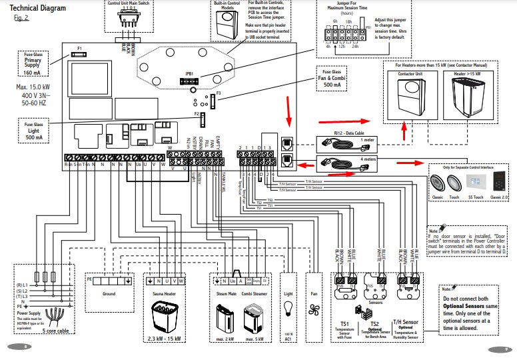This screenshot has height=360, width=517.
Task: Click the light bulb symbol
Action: click(288, 307)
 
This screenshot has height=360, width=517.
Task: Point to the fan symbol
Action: click(314, 308)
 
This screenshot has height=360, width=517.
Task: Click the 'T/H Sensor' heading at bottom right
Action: click(406, 323)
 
